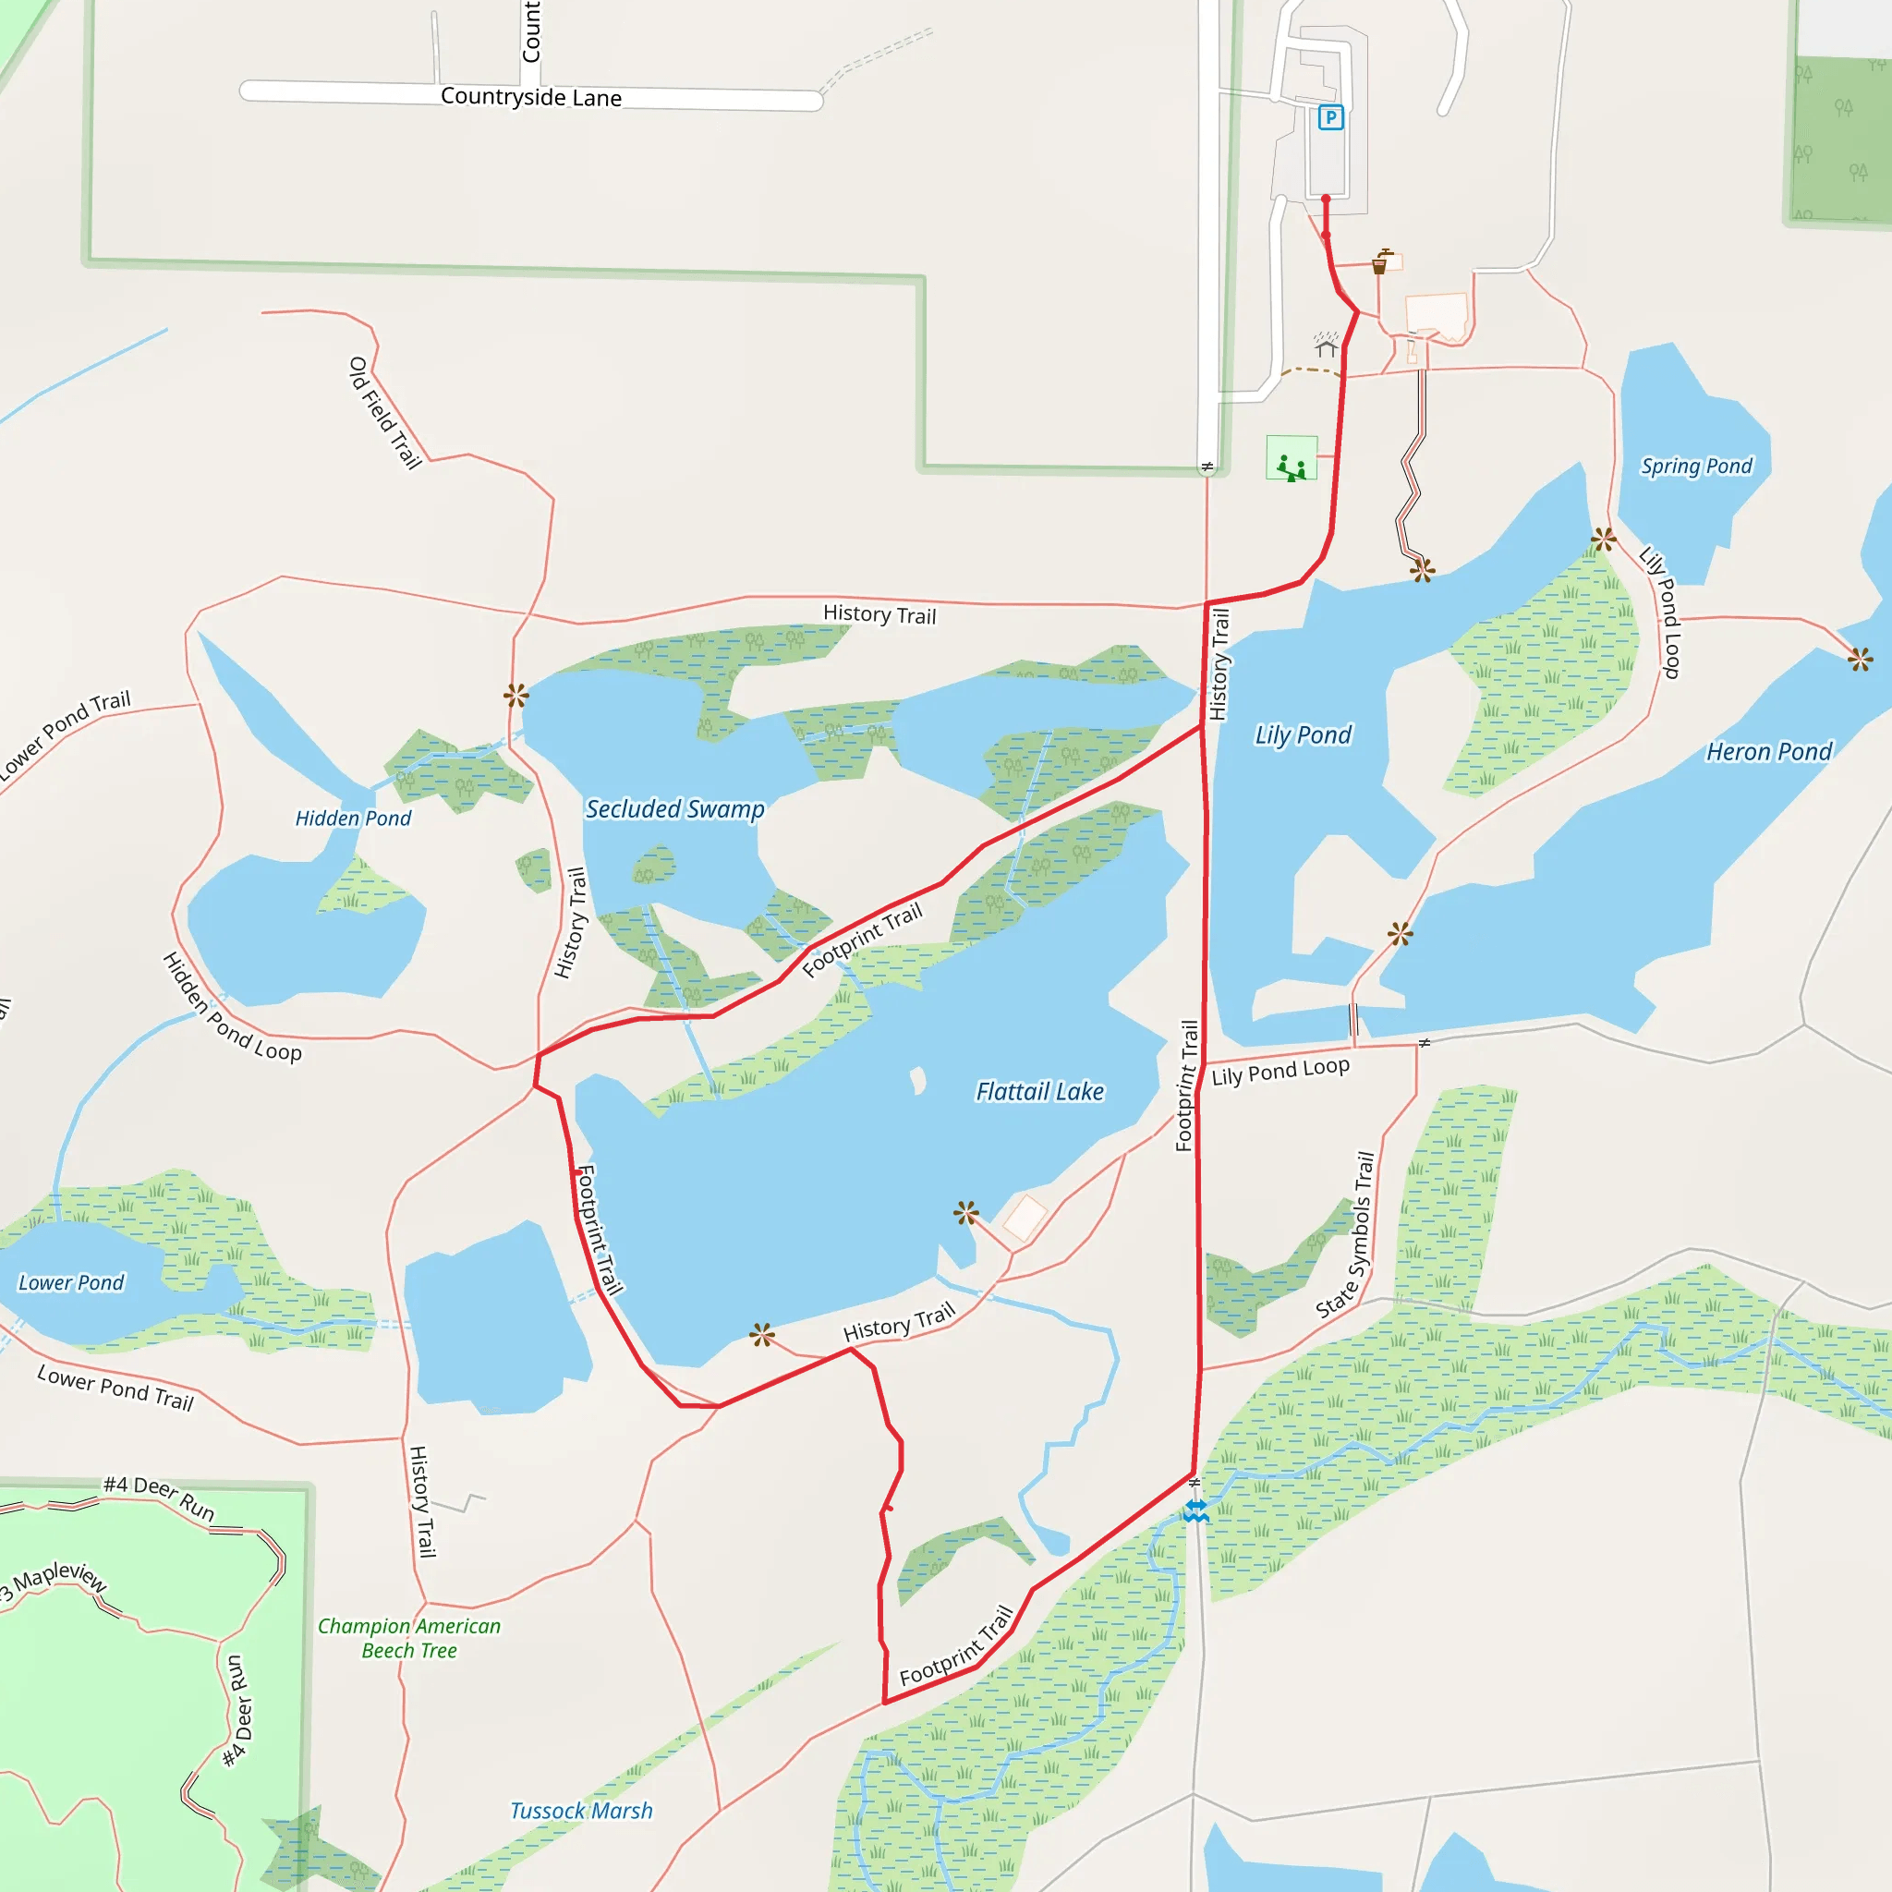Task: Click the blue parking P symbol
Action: (1330, 117)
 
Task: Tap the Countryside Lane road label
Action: (531, 97)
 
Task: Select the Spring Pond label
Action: (1696, 467)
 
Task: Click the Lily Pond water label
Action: (1303, 735)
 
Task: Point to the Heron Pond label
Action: (1768, 752)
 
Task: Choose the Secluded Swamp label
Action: (674, 810)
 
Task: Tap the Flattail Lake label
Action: (1039, 1092)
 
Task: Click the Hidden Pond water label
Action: (353, 819)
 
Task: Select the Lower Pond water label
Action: (71, 1283)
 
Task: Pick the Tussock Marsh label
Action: (581, 1811)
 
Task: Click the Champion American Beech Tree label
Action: (409, 1638)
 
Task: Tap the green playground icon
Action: (1291, 458)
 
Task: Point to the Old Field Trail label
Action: (385, 412)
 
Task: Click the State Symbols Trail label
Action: (1345, 1235)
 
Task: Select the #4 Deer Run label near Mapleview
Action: (159, 1499)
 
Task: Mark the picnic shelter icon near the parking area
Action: (1326, 346)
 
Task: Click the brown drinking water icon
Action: (1380, 262)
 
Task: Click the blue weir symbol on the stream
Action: (1195, 1512)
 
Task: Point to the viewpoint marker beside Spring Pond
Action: (1604, 539)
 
